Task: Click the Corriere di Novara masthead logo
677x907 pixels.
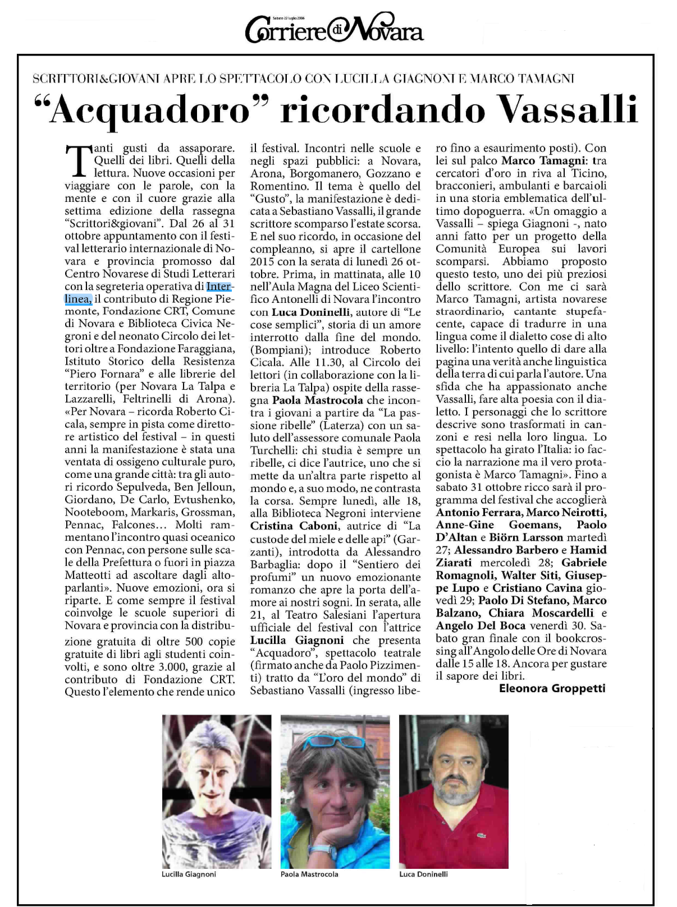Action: pos(334,31)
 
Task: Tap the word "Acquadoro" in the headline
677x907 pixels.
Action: pos(149,110)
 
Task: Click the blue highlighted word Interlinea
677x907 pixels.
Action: pos(219,287)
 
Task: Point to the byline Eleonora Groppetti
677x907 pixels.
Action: pos(552,688)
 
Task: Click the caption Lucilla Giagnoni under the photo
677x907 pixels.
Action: pos(189,874)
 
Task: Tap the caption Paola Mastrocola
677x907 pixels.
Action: pos(309,874)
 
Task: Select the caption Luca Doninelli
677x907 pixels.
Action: pos(423,874)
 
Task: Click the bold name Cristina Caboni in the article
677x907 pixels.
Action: pos(294,526)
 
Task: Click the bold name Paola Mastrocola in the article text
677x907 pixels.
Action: pos(318,400)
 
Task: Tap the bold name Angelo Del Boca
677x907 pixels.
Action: pos(481,625)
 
